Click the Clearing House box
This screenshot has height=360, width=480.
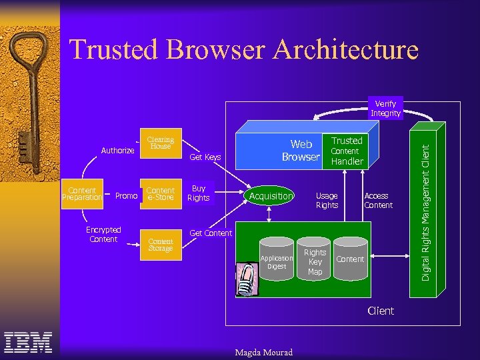(161, 143)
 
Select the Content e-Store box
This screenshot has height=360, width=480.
(161, 193)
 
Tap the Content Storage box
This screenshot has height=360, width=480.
(161, 245)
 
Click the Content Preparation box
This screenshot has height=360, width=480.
(82, 193)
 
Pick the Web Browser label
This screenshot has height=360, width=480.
(300, 151)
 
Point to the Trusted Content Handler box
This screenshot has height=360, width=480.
(347, 151)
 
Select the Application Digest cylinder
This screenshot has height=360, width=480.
(276, 261)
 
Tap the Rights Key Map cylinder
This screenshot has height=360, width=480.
(315, 261)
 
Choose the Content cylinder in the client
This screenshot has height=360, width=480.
(350, 259)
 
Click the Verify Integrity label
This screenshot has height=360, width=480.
(385, 109)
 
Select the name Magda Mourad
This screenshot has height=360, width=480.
(264, 352)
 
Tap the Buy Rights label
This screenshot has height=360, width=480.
(198, 193)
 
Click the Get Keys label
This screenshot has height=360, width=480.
(205, 157)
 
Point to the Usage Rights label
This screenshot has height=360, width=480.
(327, 200)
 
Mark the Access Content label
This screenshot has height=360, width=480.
(378, 200)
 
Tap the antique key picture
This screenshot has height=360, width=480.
(30, 100)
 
